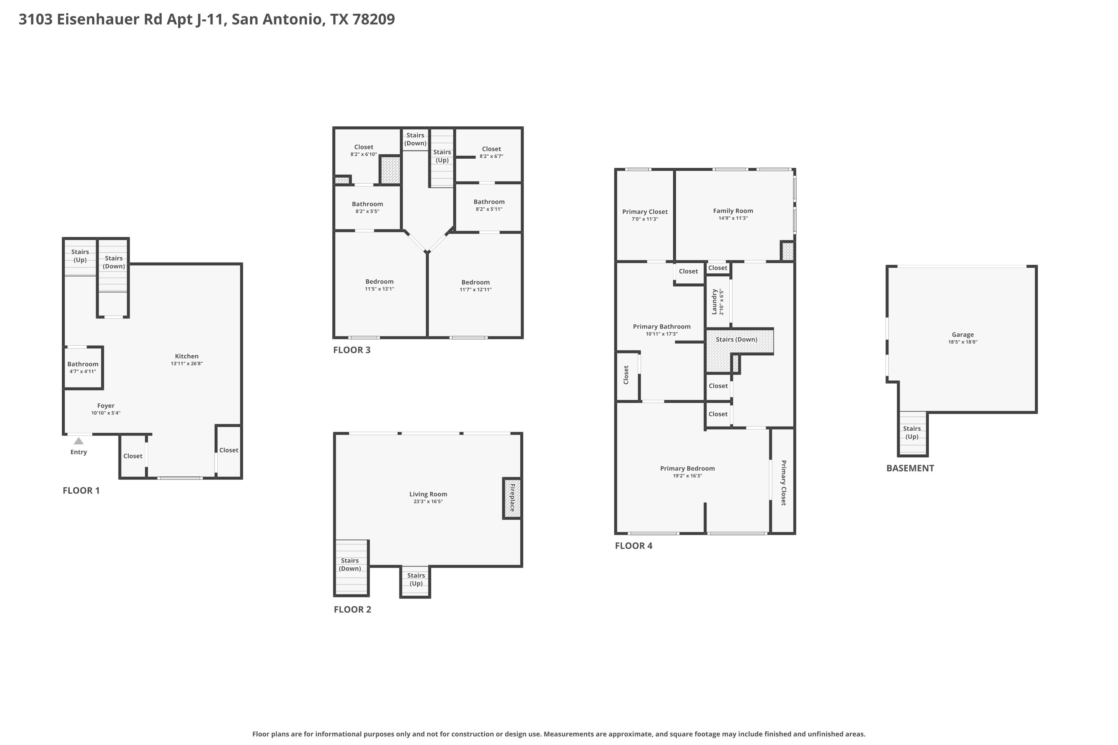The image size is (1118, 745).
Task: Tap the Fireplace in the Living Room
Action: pos(512,498)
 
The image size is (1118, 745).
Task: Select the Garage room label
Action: pos(963,335)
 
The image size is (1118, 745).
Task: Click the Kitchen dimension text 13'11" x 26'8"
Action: pos(187,364)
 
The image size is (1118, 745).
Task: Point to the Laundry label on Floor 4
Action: pos(714,302)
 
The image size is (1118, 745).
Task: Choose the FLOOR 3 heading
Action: pos(352,350)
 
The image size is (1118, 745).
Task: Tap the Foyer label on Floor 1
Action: pos(105,406)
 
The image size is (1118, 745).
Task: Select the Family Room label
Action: pos(733,210)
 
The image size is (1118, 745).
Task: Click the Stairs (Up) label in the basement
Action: pos(912,432)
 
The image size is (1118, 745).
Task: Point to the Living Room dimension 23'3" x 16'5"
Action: pos(428,501)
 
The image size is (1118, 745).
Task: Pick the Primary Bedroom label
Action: pos(687,468)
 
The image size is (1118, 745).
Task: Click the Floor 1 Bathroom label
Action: pos(83,364)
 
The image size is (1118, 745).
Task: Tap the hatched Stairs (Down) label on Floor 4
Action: pos(736,339)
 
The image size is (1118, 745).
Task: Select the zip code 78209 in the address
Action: pos(374,19)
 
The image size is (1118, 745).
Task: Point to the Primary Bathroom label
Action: pos(662,326)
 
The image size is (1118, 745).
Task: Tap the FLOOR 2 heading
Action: pos(352,609)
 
